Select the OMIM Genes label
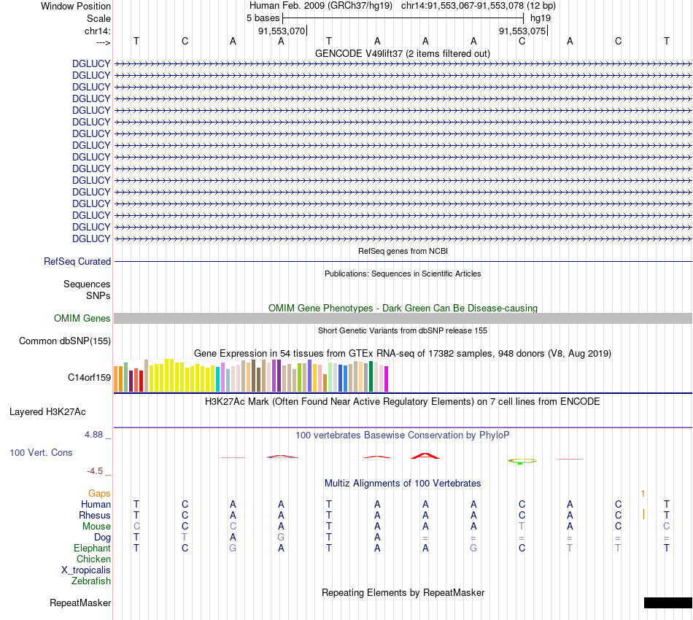(x=82, y=318)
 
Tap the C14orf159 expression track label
(x=89, y=377)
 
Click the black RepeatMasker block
(x=667, y=602)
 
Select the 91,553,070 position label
(x=282, y=31)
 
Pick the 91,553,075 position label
(x=522, y=31)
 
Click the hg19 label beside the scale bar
(x=541, y=17)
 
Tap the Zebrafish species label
(x=91, y=581)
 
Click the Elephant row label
(x=92, y=548)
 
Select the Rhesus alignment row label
(x=95, y=515)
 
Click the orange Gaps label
(x=99, y=494)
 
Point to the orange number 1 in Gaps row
(x=643, y=494)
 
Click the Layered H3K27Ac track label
(x=47, y=411)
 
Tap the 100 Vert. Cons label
(x=41, y=452)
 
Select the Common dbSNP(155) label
(x=65, y=341)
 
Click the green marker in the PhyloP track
(x=519, y=462)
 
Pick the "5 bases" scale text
(x=263, y=17)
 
